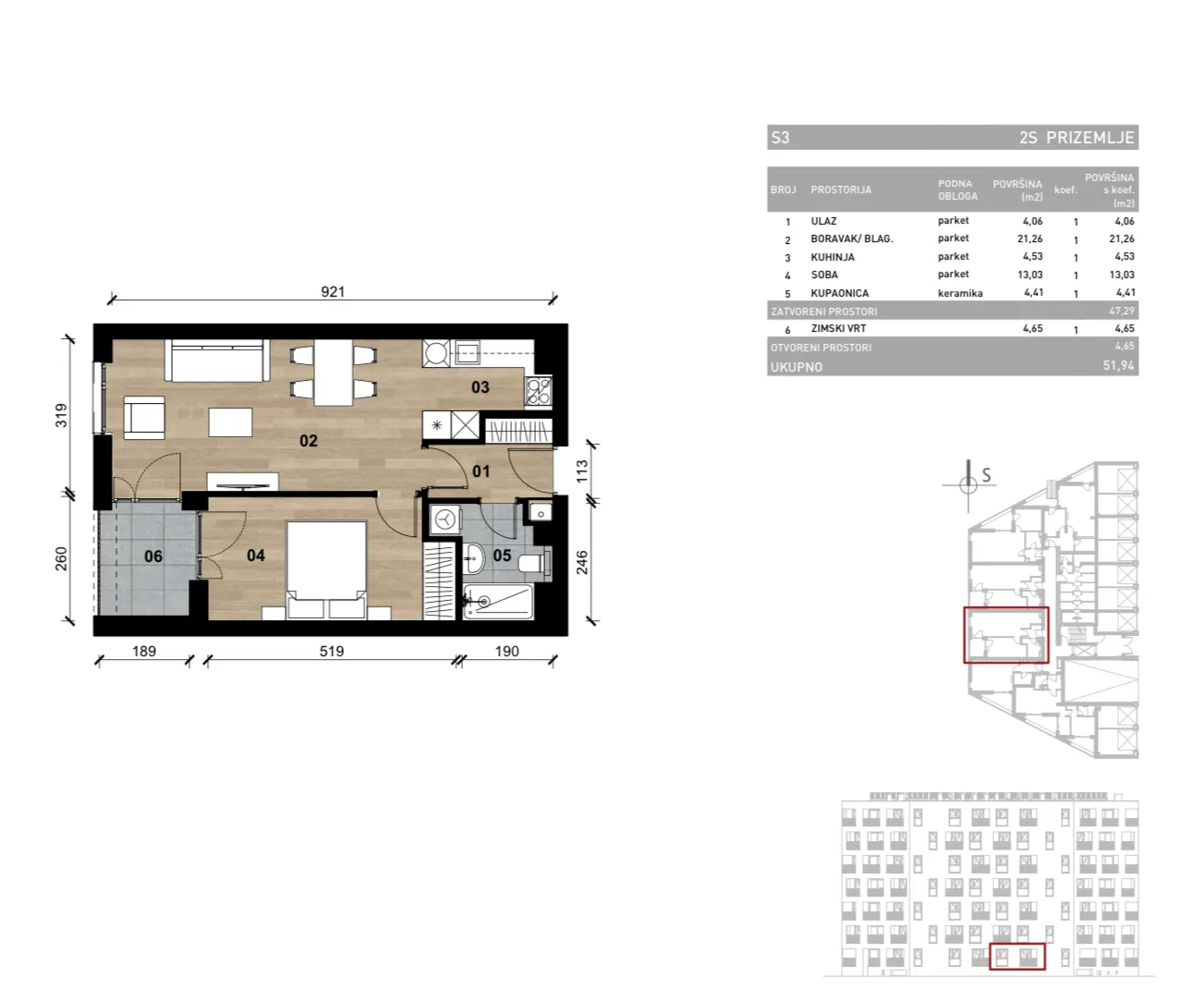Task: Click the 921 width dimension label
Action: coord(333,292)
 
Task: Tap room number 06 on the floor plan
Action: coord(153,556)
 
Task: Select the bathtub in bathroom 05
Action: coord(498,602)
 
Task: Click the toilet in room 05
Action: coord(535,563)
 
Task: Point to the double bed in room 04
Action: coord(326,569)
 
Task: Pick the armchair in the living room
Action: coord(144,418)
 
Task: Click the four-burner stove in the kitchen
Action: coord(539,391)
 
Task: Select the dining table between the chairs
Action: coord(334,372)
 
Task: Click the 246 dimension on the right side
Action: coord(582,563)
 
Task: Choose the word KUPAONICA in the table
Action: coord(839,294)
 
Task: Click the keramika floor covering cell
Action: coord(960,294)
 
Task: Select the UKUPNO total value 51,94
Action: coord(1118,365)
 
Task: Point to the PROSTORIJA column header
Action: coord(841,190)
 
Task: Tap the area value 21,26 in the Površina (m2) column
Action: coord(1029,238)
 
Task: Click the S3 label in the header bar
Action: coord(780,138)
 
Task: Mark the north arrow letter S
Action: coord(986,475)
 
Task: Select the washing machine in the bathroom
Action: coord(444,519)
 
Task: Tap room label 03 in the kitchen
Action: coord(480,387)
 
